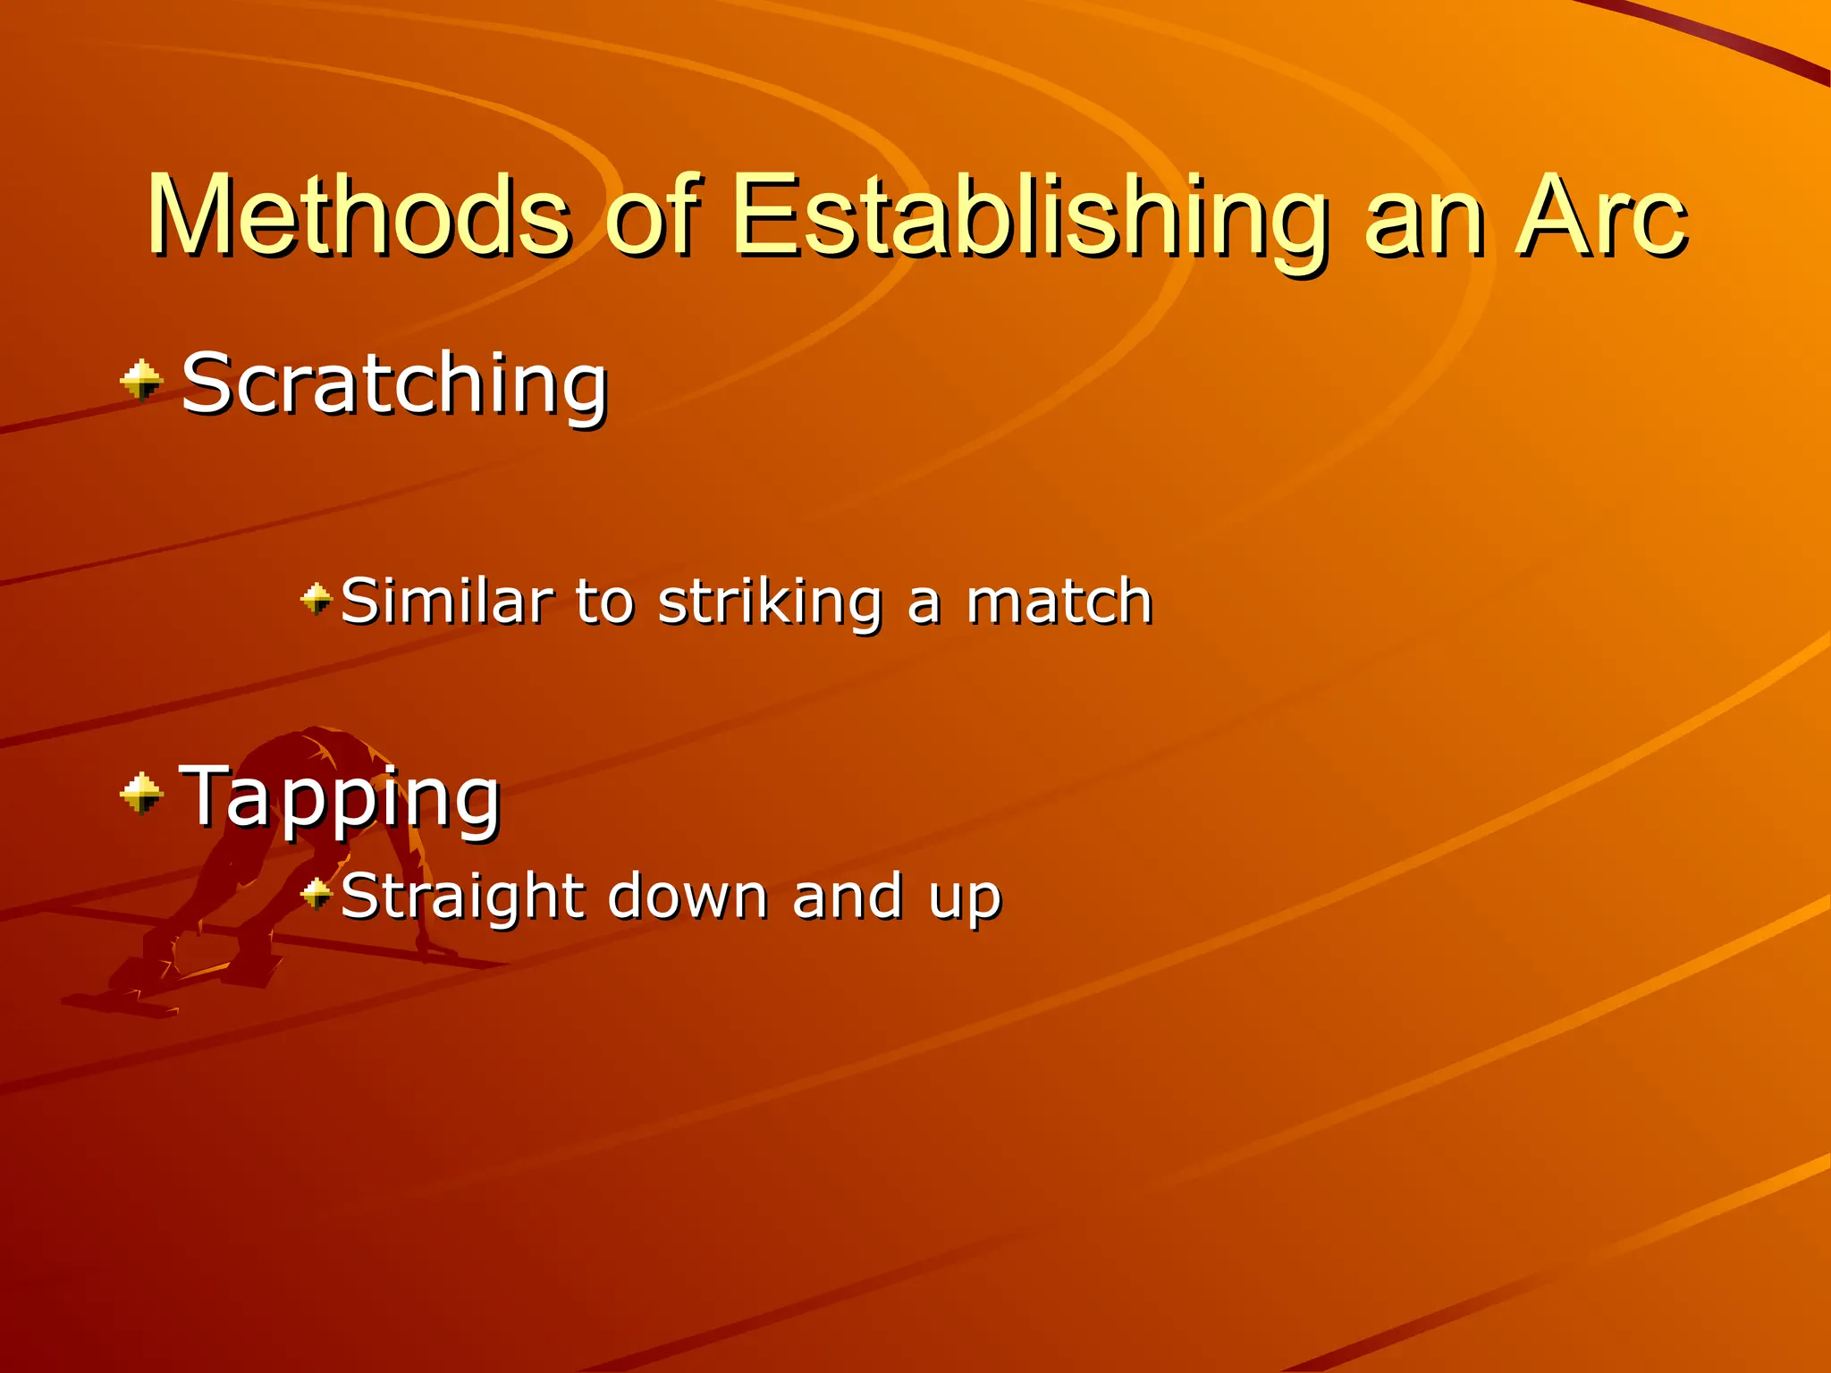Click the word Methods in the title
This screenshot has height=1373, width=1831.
[x=358, y=217]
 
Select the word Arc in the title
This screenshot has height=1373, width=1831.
[x=1600, y=217]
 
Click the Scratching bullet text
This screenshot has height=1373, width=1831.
[x=394, y=384]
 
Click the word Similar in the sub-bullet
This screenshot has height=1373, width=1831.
[x=446, y=601]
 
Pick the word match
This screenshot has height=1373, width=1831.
[x=1059, y=601]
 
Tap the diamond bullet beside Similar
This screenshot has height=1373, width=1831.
[x=316, y=599]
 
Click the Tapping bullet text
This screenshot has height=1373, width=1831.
[x=339, y=797]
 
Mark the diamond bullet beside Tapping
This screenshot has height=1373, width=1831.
[x=141, y=794]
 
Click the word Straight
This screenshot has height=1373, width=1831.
[x=463, y=897]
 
